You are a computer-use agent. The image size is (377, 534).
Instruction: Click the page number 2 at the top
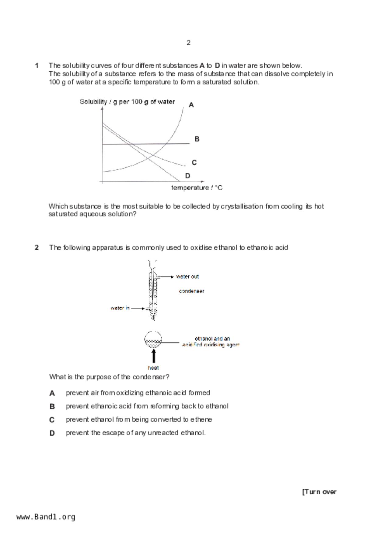(x=188, y=43)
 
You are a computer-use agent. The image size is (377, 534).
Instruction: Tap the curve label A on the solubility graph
(x=191, y=105)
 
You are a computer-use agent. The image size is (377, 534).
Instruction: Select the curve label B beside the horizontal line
(x=197, y=139)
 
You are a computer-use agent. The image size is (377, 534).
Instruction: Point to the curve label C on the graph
(x=194, y=163)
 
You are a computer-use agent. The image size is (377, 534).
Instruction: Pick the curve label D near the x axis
(x=187, y=176)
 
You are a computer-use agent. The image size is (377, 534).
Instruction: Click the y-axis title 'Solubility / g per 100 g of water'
(x=127, y=102)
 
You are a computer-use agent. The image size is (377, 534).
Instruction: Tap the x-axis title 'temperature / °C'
(x=197, y=188)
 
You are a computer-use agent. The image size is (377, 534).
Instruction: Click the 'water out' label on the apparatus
(x=187, y=276)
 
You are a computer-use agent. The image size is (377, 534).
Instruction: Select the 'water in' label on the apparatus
(x=120, y=308)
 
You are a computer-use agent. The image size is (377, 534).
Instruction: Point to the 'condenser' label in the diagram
(x=191, y=291)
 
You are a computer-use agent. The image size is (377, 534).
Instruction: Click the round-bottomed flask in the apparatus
(x=153, y=339)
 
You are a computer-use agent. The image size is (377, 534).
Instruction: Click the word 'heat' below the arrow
(x=153, y=368)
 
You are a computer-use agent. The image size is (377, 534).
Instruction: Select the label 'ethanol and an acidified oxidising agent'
(x=211, y=342)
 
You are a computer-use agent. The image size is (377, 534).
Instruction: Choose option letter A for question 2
(x=52, y=393)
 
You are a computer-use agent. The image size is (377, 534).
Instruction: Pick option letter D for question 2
(x=52, y=433)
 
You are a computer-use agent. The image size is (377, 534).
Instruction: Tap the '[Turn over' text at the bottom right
(x=319, y=492)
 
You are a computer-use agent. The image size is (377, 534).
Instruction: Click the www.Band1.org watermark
(x=46, y=517)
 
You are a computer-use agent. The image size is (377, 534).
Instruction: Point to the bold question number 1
(x=37, y=65)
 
